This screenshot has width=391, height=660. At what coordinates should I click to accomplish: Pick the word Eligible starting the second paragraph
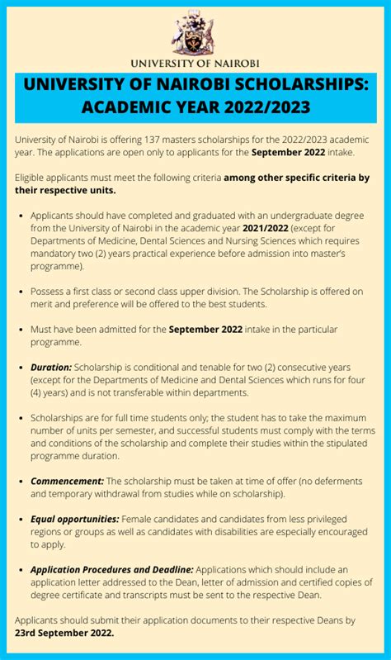pos(34,178)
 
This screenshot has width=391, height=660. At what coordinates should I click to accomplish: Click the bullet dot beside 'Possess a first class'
pos(21,292)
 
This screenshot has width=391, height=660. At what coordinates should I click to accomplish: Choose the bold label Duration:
pos(51,367)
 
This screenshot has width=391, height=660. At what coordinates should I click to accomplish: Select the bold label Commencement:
pos(67,481)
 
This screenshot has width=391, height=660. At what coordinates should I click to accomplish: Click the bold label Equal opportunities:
pos(75,519)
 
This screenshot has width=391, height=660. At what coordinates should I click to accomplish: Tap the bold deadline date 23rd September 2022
pos(64,633)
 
